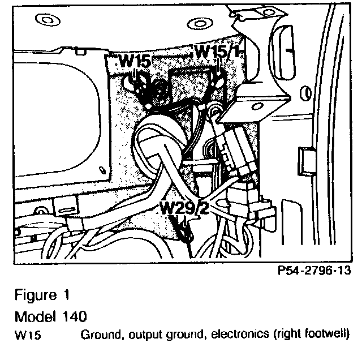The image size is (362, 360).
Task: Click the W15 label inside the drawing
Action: pyautogui.click(x=135, y=61)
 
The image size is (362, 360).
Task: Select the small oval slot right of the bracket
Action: pyautogui.click(x=306, y=92)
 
